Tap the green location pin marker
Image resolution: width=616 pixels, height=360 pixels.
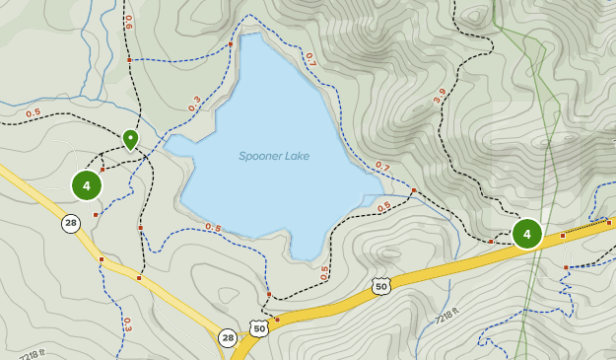[x=130, y=139]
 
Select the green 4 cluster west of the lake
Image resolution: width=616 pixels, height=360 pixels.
[x=87, y=184]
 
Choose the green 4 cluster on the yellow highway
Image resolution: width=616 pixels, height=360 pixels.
[x=527, y=234]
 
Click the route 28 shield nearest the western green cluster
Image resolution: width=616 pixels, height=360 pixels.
[x=71, y=223]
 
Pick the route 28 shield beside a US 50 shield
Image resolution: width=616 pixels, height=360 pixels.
[x=228, y=337]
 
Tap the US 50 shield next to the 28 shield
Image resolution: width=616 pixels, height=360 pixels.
[x=258, y=327]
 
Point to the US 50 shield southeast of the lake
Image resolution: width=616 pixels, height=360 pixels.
[x=381, y=286]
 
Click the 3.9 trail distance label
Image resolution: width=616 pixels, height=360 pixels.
[x=440, y=96]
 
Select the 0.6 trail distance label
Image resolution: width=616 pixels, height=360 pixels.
[x=129, y=22]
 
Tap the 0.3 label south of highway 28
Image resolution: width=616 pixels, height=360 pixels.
[x=127, y=323]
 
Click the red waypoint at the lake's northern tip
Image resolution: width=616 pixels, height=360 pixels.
[x=231, y=44]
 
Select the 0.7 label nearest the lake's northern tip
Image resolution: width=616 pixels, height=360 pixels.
[x=309, y=59]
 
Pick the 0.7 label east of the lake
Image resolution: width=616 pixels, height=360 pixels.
[x=382, y=167]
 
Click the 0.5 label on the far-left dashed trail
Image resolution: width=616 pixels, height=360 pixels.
[x=34, y=112]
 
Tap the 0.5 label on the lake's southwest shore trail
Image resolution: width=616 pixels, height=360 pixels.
[x=213, y=228]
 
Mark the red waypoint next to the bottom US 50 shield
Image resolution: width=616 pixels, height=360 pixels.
[x=277, y=319]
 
